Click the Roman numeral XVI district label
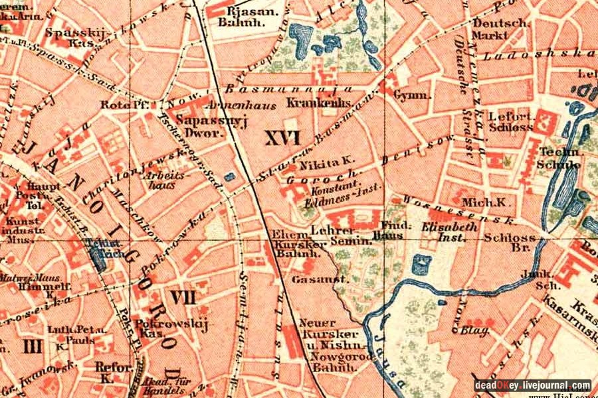point(282,138)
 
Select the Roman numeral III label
point(32,345)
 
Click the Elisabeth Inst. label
point(449,232)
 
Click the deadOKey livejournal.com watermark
point(532,385)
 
